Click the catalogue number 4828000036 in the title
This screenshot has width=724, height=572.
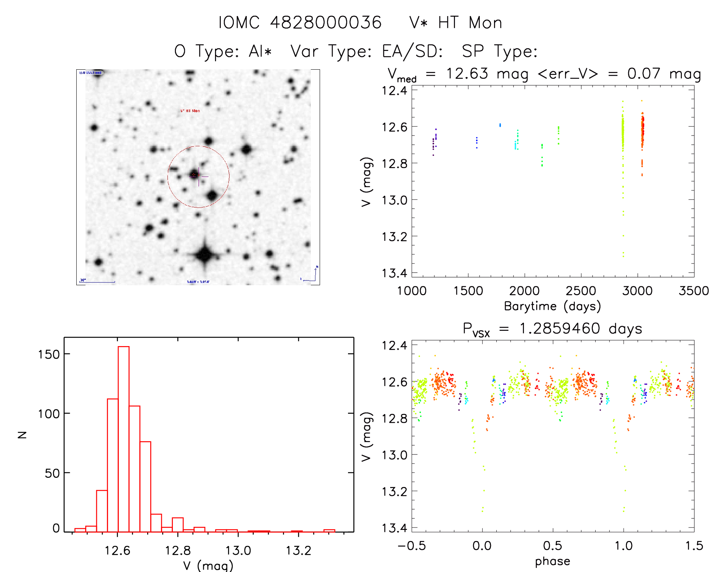pos(326,23)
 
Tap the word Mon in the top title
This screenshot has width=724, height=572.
pos(485,23)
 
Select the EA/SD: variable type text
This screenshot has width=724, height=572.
pos(412,51)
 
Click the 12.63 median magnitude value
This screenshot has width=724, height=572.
pos(467,74)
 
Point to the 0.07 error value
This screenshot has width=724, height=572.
pos(644,74)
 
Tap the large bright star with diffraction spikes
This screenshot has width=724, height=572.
pos(205,254)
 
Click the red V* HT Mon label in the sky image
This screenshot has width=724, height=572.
pos(190,111)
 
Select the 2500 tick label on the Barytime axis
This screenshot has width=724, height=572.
pos(581,291)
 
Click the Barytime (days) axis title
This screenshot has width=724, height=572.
pos(552,306)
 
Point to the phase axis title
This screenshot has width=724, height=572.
pos(552,561)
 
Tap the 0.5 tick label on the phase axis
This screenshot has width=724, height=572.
pos(552,546)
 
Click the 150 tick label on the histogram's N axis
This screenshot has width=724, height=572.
pos(49,355)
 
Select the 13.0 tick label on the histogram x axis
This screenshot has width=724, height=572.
pos(238,551)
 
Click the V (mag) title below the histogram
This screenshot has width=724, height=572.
pos(208,565)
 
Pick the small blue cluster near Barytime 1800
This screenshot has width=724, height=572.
pos(500,125)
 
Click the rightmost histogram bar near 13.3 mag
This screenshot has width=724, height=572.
pos(329,531)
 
